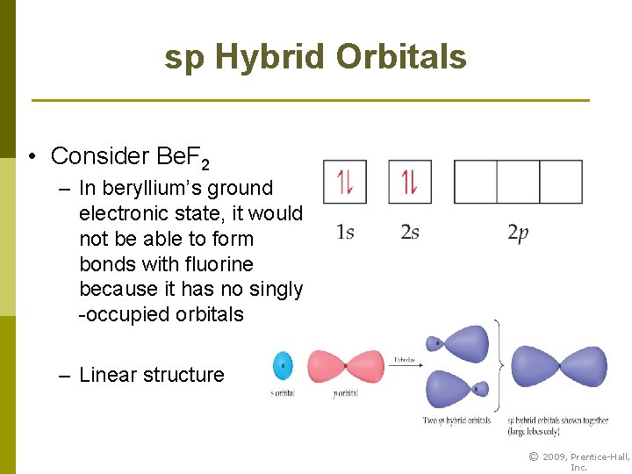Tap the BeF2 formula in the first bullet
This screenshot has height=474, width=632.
click(x=182, y=157)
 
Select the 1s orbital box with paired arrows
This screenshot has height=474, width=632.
click(x=345, y=182)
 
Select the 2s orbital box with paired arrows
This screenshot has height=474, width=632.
click(x=410, y=182)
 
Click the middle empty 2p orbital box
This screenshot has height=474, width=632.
click(x=518, y=182)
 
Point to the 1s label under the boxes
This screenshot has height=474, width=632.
click(x=345, y=233)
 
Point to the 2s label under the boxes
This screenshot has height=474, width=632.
click(x=410, y=233)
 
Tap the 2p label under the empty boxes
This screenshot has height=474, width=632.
click(x=518, y=233)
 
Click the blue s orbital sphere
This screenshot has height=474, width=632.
click(x=283, y=365)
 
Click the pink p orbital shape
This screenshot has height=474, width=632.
click(x=345, y=365)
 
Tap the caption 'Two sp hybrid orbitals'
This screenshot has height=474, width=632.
click(x=456, y=420)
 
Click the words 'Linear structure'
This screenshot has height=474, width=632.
click(x=151, y=375)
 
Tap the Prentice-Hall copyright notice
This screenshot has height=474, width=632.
click(x=578, y=461)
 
